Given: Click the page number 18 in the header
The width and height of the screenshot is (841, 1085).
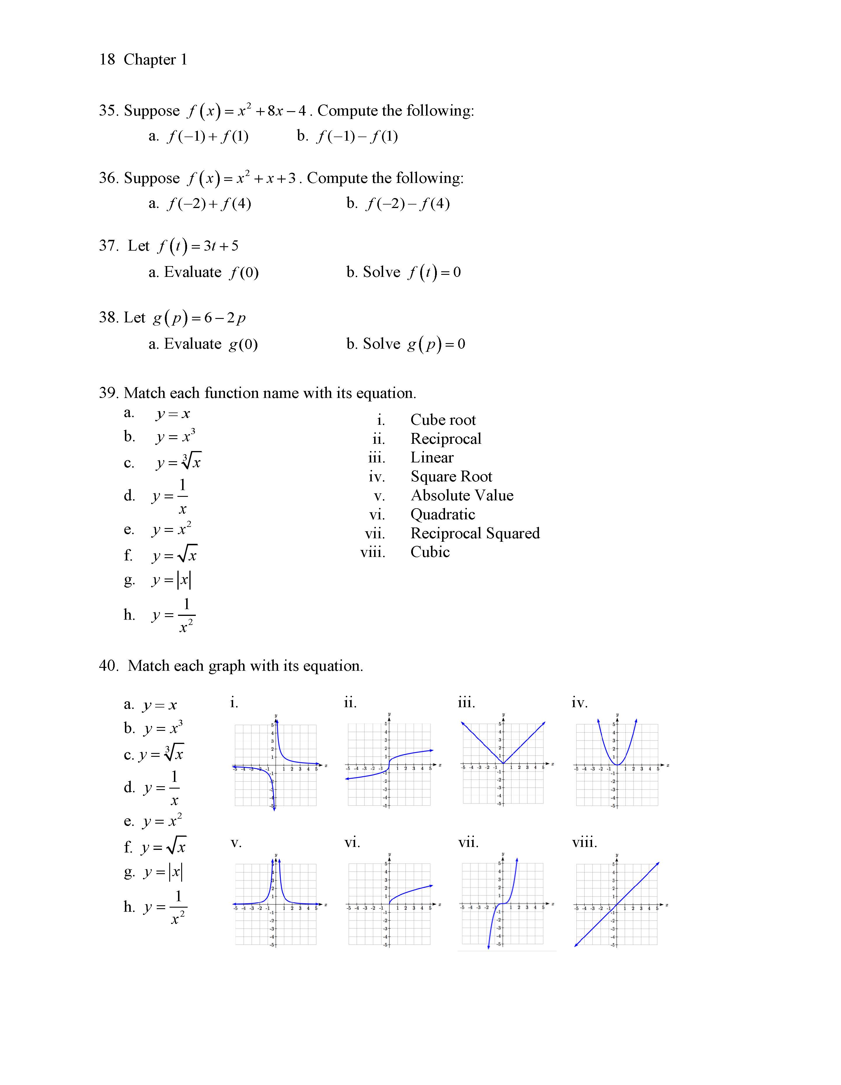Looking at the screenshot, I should pyautogui.click(x=107, y=60).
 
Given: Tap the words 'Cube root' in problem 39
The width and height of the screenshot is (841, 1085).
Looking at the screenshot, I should pyautogui.click(x=443, y=420).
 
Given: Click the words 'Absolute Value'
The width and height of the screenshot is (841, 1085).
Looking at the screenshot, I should pyautogui.click(x=462, y=495).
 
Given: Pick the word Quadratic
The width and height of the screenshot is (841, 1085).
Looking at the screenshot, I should pyautogui.click(x=442, y=514).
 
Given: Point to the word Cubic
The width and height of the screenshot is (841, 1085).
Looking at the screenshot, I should pyautogui.click(x=430, y=552).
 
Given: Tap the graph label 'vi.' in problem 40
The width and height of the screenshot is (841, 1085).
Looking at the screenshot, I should pyautogui.click(x=352, y=843).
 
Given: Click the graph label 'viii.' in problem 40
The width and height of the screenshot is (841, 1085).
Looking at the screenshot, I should pyautogui.click(x=584, y=843).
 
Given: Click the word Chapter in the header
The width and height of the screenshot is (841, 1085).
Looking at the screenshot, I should pyautogui.click(x=150, y=60).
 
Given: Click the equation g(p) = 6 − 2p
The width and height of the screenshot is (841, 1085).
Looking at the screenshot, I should pyautogui.click(x=199, y=318).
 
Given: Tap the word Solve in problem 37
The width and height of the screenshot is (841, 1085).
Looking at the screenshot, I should pyautogui.click(x=381, y=272).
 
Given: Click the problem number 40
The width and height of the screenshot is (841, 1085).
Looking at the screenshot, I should pyautogui.click(x=108, y=666).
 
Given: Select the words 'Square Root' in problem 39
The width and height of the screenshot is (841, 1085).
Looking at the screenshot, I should pyautogui.click(x=451, y=476).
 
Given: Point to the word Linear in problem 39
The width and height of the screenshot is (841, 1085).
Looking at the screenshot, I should pyautogui.click(x=432, y=457).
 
